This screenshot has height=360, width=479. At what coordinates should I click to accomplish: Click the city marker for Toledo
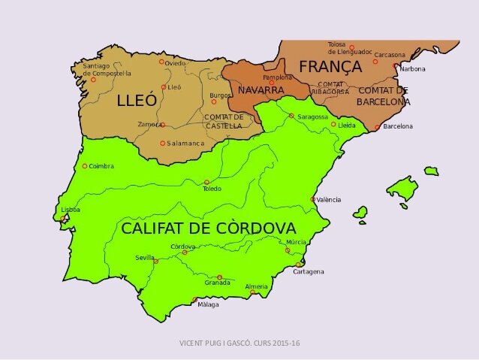pyautogui.click(x=207, y=183)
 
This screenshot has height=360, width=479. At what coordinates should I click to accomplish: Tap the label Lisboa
pyautogui.click(x=71, y=210)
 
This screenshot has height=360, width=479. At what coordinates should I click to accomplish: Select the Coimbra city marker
pyautogui.click(x=85, y=166)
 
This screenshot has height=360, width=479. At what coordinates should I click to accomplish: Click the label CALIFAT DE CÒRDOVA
pyautogui.click(x=209, y=228)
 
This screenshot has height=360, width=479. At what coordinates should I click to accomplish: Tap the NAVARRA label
pyautogui.click(x=261, y=91)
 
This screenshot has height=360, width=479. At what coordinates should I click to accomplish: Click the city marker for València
pyautogui.click(x=313, y=199)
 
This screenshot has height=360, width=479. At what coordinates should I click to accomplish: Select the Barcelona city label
pyautogui.click(x=398, y=126)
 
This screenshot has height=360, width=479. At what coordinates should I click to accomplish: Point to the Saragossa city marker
pyautogui.click(x=291, y=116)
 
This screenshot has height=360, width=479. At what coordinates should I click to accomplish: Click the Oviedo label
pyautogui.click(x=175, y=63)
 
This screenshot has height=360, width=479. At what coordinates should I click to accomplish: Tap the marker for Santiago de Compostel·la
pyautogui.click(x=94, y=80)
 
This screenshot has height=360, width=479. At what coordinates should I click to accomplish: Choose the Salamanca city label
pyautogui.click(x=185, y=144)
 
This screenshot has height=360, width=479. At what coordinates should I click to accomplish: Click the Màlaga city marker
pyautogui.click(x=195, y=300)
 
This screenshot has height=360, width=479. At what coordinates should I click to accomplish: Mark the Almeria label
pyautogui.click(x=256, y=286)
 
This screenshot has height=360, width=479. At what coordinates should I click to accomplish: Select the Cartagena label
pyautogui.click(x=309, y=271)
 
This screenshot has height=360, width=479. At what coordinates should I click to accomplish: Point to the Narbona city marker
pyautogui.click(x=396, y=66)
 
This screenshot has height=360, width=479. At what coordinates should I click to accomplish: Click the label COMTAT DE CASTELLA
pyautogui.click(x=224, y=121)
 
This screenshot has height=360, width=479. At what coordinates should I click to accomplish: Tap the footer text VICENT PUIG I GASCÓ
pyautogui.click(x=217, y=343)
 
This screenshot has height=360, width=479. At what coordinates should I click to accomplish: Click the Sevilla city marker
pyautogui.click(x=156, y=262)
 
